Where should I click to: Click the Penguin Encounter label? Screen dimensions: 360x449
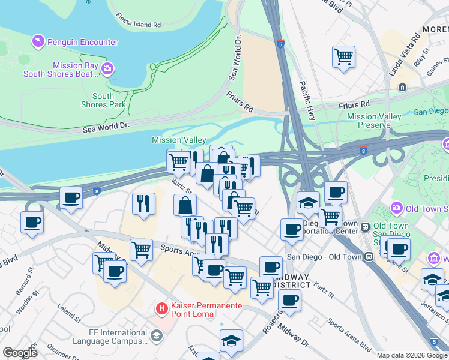[x=83, y=42]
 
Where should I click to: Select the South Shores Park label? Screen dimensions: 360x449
[x=103, y=100]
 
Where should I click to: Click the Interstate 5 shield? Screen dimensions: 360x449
[x=280, y=43]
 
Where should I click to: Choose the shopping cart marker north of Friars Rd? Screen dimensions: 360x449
[x=343, y=58]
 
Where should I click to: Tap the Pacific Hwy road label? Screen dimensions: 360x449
[x=307, y=101]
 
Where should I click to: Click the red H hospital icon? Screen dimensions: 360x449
[x=161, y=308]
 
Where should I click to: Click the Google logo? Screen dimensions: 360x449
[x=20, y=353]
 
